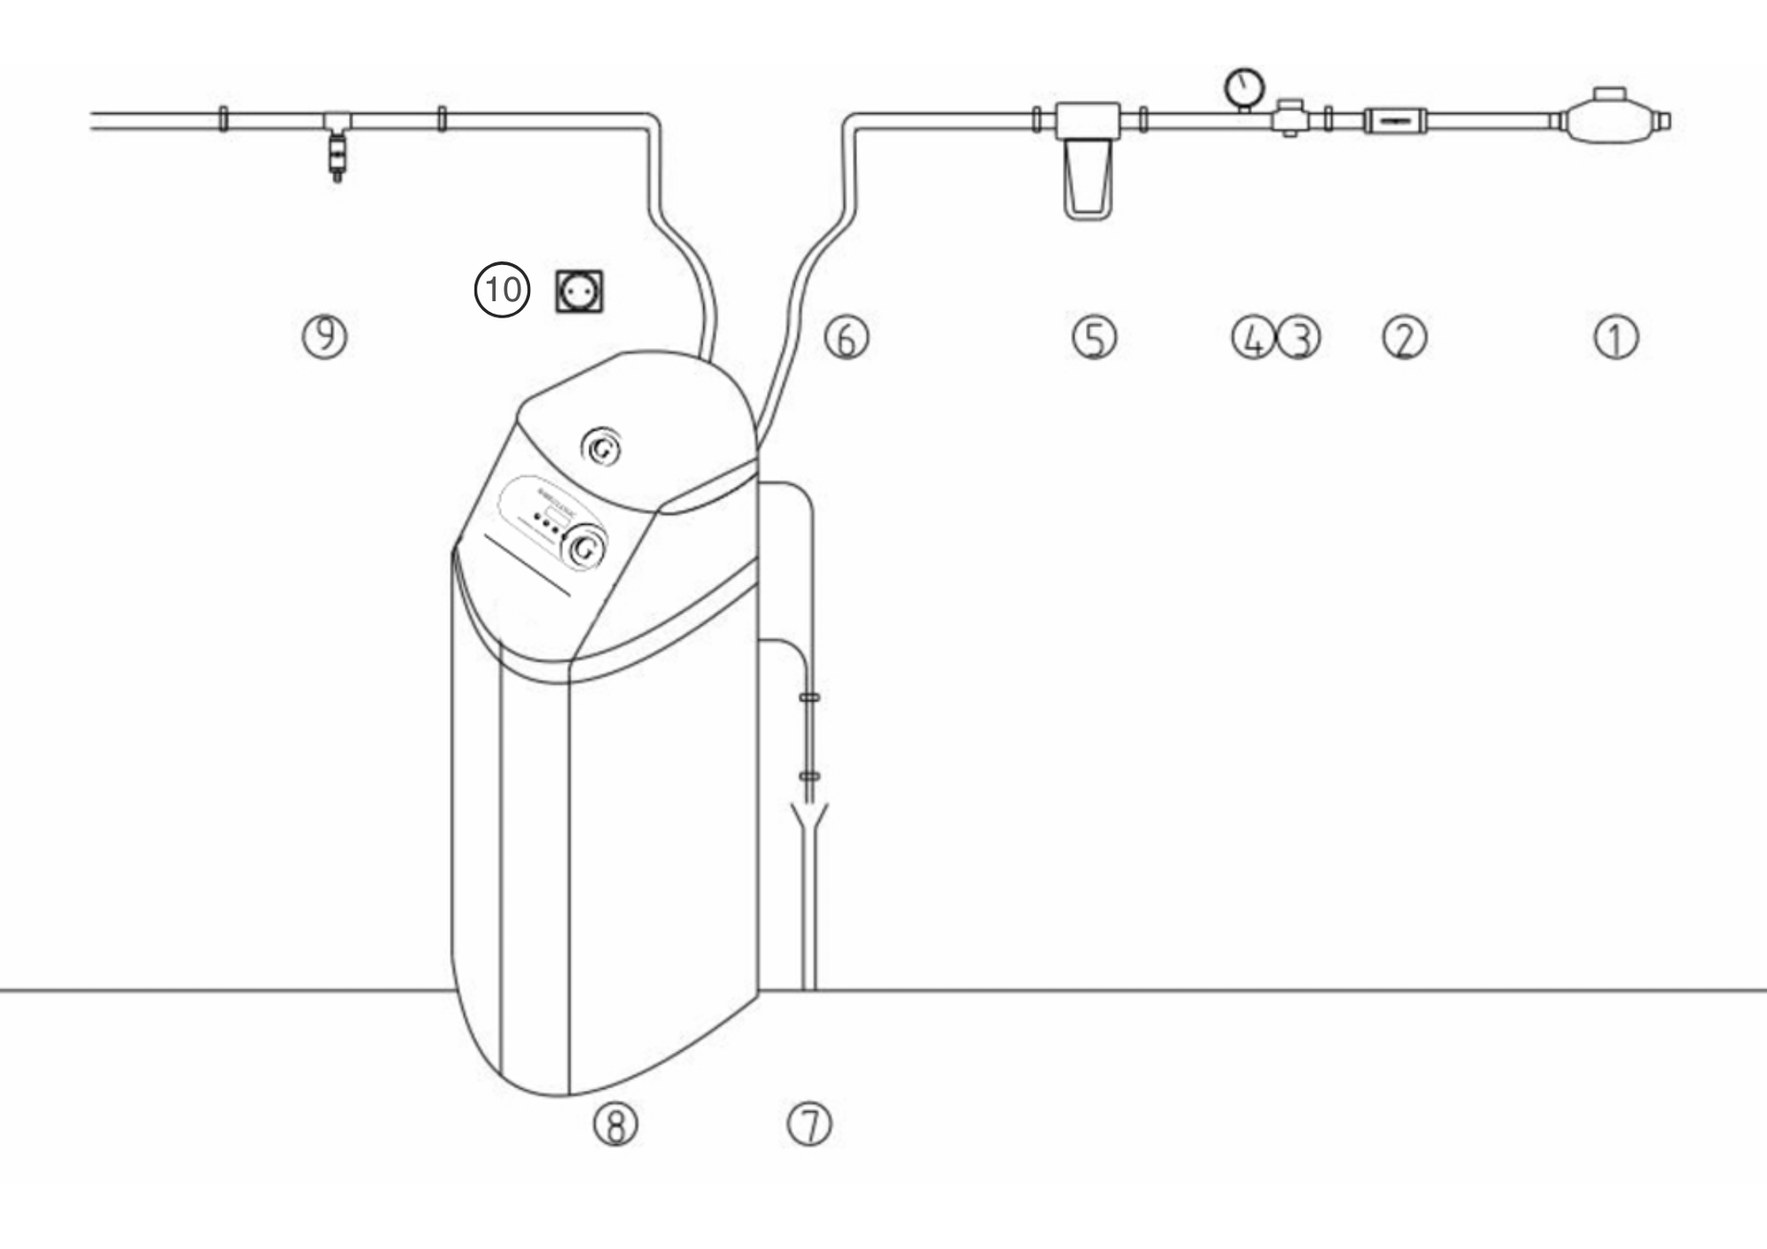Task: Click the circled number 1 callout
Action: coord(1616,337)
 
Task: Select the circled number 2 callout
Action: coord(1404,338)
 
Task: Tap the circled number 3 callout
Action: coord(1299,338)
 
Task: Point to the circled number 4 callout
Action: coord(1253,338)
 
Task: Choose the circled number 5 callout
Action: coord(1094,338)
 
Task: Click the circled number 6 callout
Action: coord(847,338)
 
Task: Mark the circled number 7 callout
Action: coord(810,1125)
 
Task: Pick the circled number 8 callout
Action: coord(616,1125)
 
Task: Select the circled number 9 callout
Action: coord(325,336)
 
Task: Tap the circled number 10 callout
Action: coord(502,290)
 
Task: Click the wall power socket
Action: coord(580,292)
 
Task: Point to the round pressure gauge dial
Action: coord(1244,87)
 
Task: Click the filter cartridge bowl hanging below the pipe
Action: coord(1088,180)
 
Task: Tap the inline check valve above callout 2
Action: coord(1395,121)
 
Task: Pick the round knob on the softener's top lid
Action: coord(602,448)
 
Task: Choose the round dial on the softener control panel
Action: coord(584,549)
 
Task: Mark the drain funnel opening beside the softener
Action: coord(809,815)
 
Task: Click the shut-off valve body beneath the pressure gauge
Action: coord(1290,120)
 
